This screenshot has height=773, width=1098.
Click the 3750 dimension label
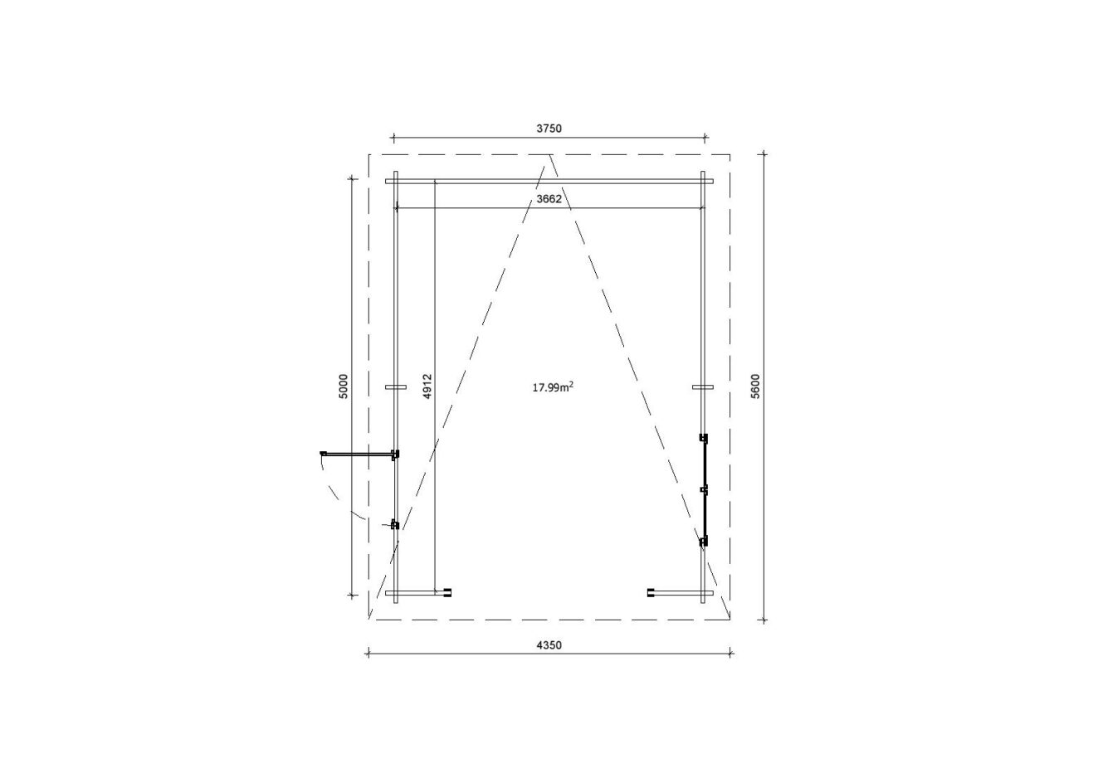549,129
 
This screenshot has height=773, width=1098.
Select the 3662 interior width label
549,199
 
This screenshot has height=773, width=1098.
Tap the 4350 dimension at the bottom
549,645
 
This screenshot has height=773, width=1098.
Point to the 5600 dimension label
755,386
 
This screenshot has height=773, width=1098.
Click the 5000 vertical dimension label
343,386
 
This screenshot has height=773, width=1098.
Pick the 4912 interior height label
427,386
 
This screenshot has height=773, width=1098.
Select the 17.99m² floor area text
553,387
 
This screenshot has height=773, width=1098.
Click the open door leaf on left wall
358,455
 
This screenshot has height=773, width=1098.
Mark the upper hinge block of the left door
395,455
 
